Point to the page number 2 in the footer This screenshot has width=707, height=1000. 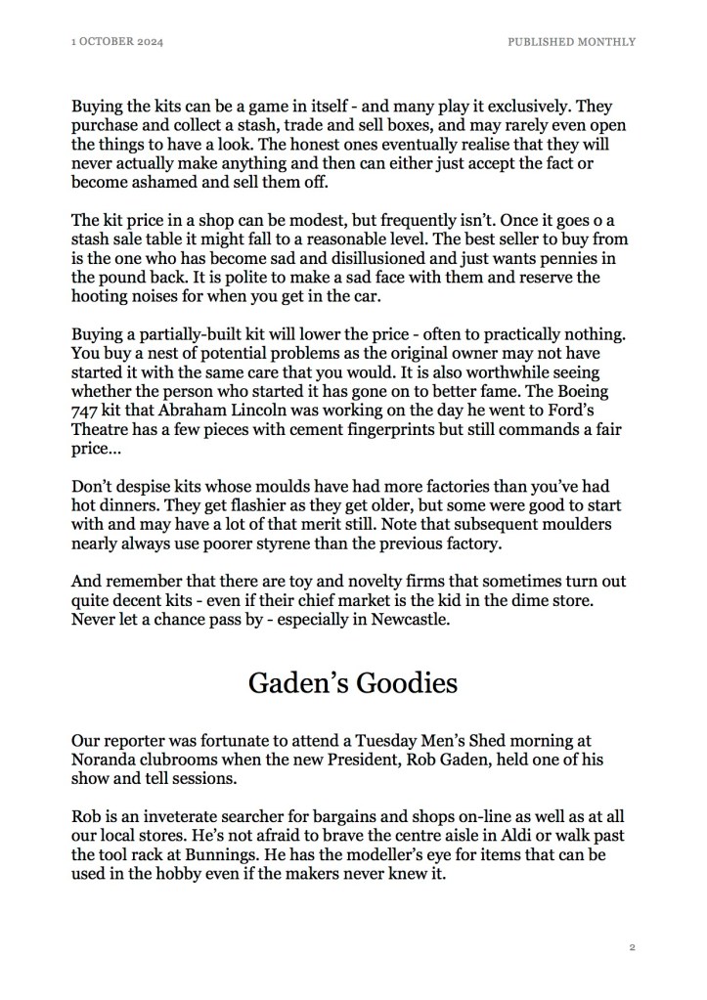[633, 947]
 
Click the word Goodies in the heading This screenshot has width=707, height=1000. [401, 682]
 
